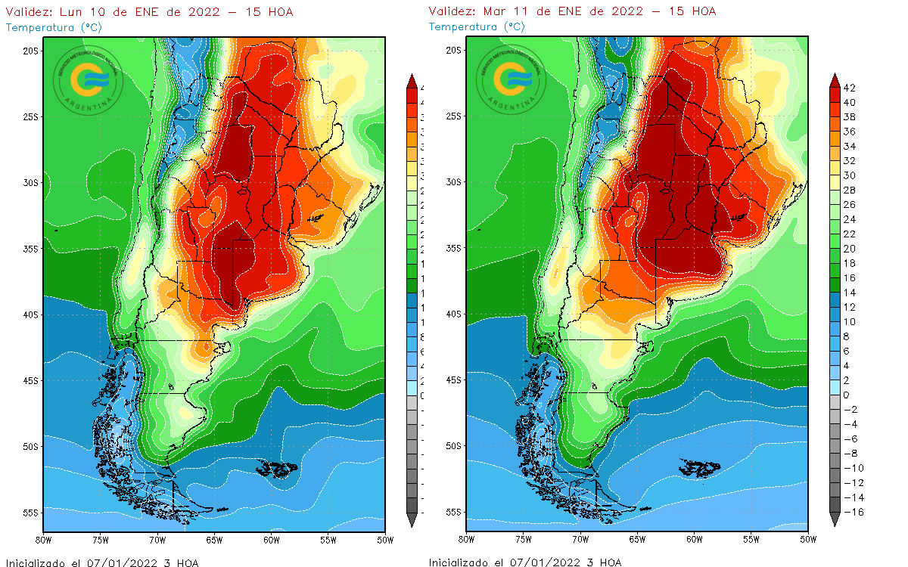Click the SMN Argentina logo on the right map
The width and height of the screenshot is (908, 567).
[x=511, y=78]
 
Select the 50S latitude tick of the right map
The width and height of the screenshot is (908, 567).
[x=455, y=446]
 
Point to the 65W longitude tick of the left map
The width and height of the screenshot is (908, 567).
[x=214, y=540]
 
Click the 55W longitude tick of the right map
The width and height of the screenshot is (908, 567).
[x=751, y=540]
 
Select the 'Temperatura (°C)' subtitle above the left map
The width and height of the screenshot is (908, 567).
[x=53, y=27]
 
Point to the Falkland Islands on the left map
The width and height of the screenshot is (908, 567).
[x=274, y=469]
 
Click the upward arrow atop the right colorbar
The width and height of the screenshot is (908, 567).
[x=835, y=79]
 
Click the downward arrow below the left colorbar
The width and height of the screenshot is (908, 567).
[x=412, y=520]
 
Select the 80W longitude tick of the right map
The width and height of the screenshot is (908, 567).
[x=467, y=540]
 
